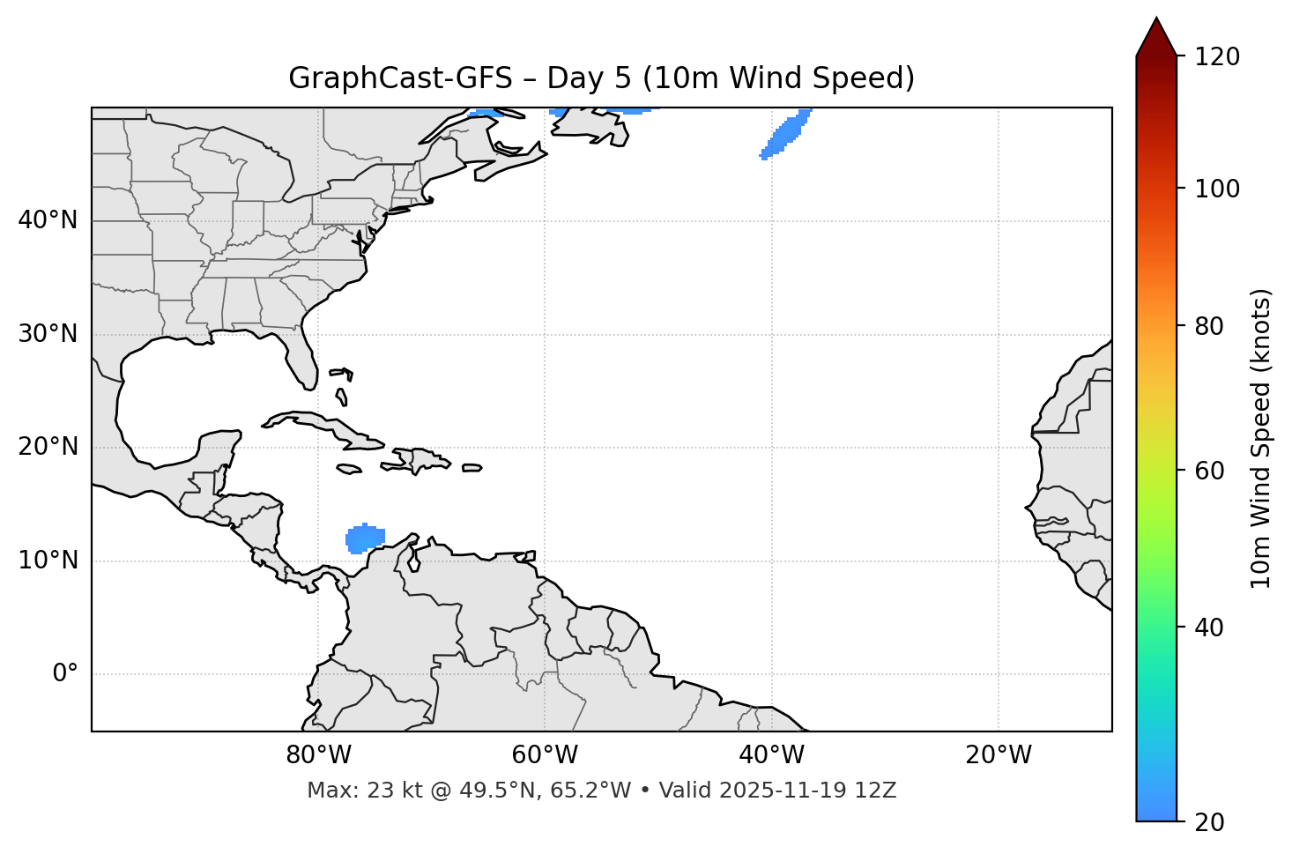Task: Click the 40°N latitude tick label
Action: (x=48, y=220)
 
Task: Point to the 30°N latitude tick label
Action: (x=48, y=334)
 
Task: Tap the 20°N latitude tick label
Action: (x=48, y=447)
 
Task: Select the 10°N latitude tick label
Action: (x=48, y=561)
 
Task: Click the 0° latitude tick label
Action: (x=64, y=674)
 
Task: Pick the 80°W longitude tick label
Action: (x=318, y=755)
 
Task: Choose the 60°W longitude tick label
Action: (x=545, y=755)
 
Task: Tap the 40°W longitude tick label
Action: (x=771, y=755)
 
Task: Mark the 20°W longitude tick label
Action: (x=999, y=755)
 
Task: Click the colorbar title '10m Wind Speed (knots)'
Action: (x=1261, y=439)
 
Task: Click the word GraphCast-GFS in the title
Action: (x=400, y=78)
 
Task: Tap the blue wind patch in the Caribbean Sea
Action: (x=365, y=538)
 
